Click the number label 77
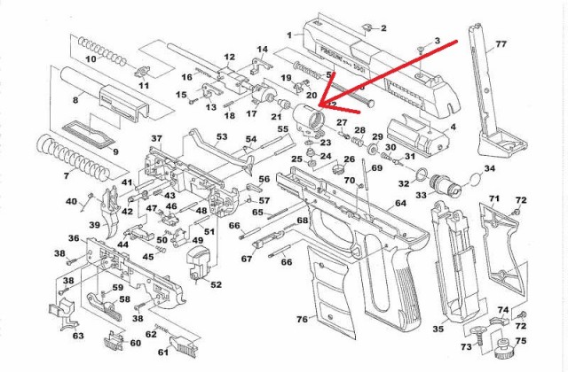click(501, 43)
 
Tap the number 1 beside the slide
click(288, 35)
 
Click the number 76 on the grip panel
click(302, 320)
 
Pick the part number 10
click(90, 59)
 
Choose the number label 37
click(156, 139)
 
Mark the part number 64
click(401, 204)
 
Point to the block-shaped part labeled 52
click(198, 263)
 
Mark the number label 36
click(75, 239)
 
